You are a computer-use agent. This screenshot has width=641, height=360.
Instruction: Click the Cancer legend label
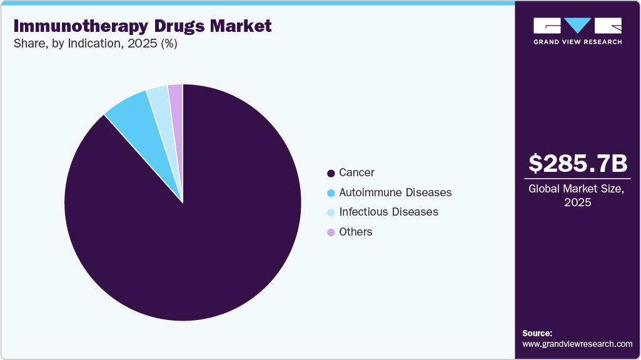pyautogui.click(x=356, y=172)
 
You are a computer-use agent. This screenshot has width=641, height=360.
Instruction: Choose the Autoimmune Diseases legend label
pyautogui.click(x=395, y=192)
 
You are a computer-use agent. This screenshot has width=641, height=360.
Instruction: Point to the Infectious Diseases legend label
pyautogui.click(x=388, y=212)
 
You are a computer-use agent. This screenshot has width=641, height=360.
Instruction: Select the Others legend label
pyautogui.click(x=355, y=232)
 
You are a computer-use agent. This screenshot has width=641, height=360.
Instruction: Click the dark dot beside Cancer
pyautogui.click(x=331, y=173)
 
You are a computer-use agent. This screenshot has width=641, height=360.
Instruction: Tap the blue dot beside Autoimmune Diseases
pyautogui.click(x=331, y=193)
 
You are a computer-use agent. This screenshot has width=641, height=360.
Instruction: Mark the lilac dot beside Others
pyautogui.click(x=331, y=232)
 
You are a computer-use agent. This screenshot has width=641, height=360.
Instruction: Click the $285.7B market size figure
pyautogui.click(x=577, y=164)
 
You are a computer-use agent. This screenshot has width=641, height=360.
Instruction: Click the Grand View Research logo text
pyautogui.click(x=577, y=42)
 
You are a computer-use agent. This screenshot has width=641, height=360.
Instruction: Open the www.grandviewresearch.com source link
pyautogui.click(x=577, y=344)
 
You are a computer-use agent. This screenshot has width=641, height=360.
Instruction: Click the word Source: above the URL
pyautogui.click(x=537, y=333)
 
